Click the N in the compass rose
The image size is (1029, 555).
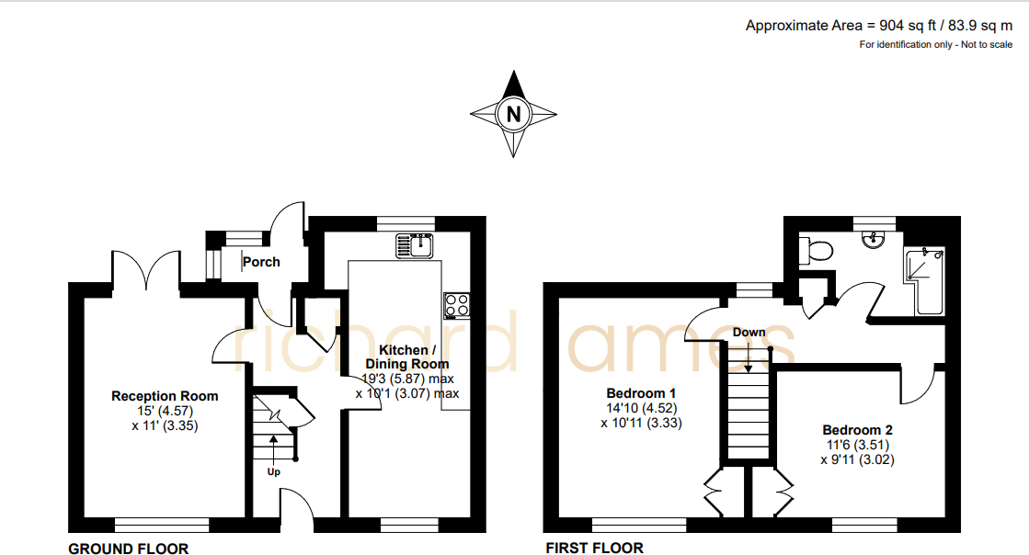tap(514, 114)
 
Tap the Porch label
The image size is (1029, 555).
tap(262, 262)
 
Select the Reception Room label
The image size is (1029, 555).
tap(165, 396)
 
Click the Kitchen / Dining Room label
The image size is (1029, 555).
tap(403, 357)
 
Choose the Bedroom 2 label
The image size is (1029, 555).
tap(857, 430)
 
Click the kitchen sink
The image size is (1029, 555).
tap(416, 245)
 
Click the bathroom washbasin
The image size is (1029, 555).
tap(872, 239)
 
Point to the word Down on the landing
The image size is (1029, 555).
tap(749, 332)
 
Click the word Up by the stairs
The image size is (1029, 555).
tap(273, 472)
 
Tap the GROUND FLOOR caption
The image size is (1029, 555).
tap(128, 549)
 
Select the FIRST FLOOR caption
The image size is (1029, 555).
tap(594, 549)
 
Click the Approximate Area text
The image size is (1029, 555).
tap(878, 26)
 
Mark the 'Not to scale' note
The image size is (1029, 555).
tap(986, 44)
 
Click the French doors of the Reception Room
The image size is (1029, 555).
tap(145, 269)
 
